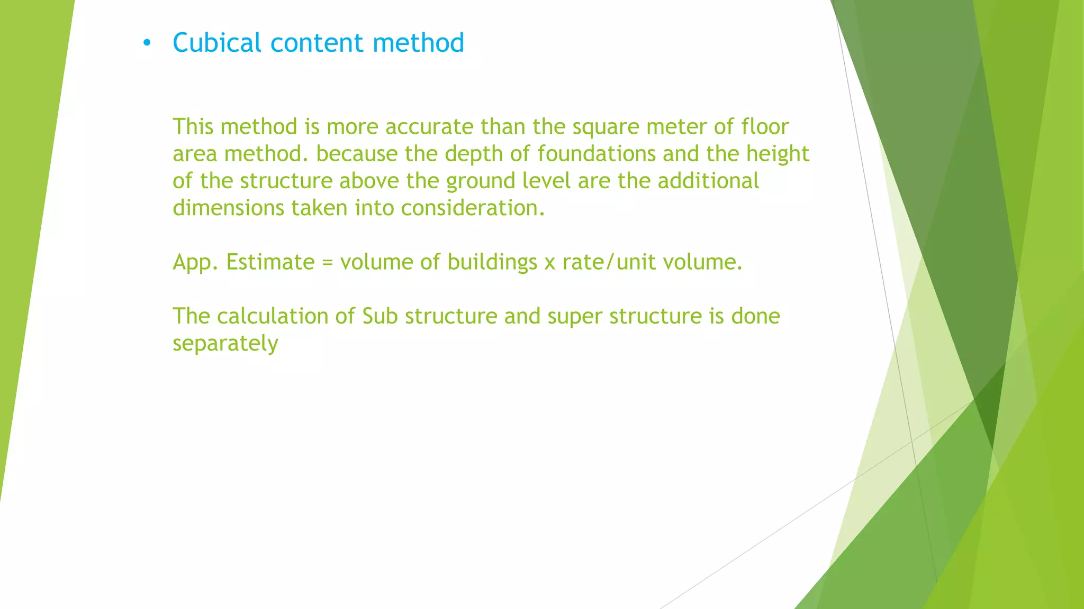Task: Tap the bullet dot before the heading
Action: (147, 43)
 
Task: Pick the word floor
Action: (765, 127)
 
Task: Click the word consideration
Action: (473, 208)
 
